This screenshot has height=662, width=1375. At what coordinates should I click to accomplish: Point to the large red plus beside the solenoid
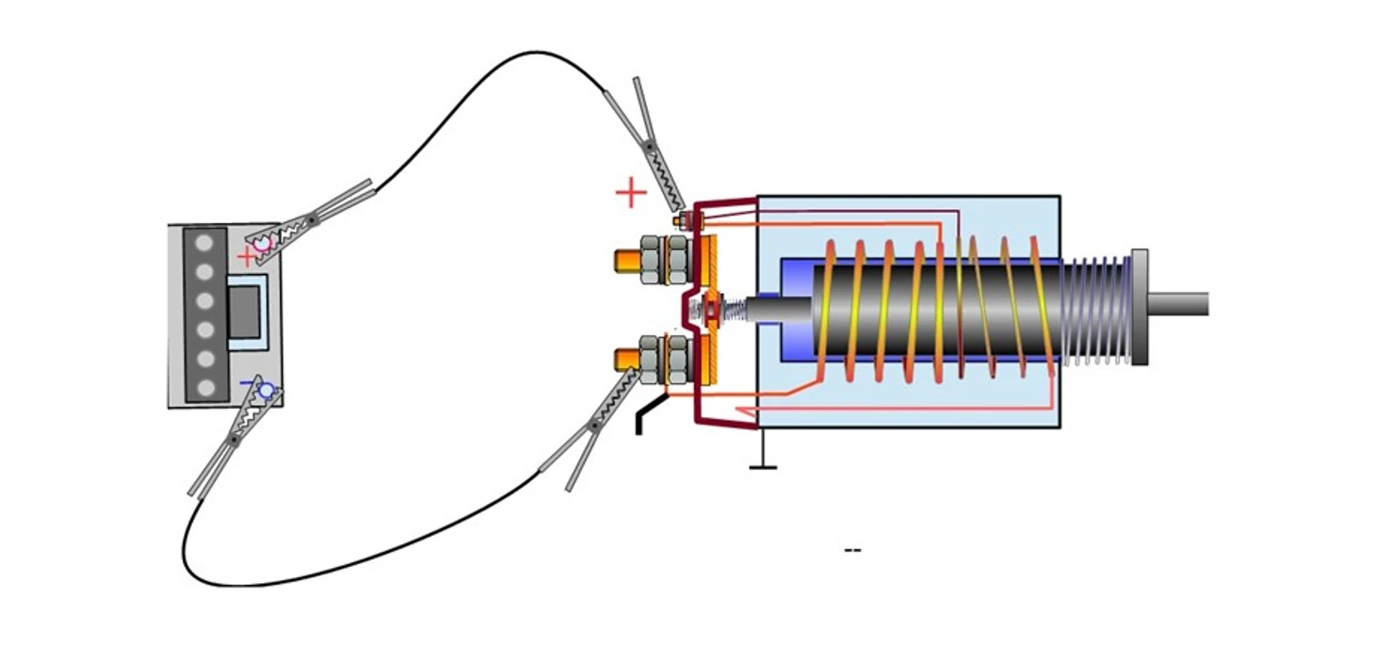(631, 193)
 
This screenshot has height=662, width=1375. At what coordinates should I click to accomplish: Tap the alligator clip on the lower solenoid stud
(598, 424)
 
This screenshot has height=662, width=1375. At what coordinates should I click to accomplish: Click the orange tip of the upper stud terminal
(626, 261)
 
